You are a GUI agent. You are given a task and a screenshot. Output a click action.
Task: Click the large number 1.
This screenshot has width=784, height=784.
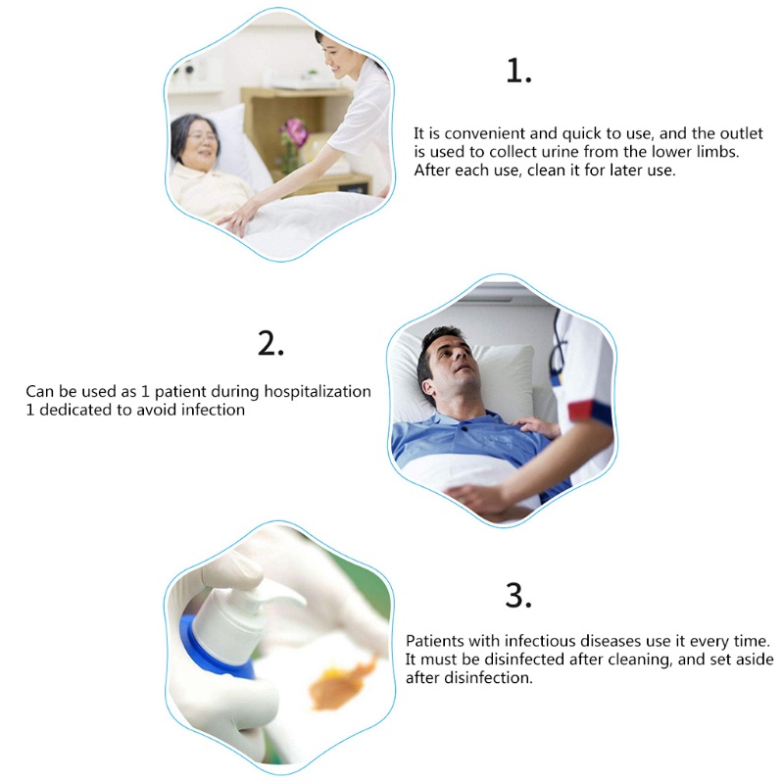(517, 70)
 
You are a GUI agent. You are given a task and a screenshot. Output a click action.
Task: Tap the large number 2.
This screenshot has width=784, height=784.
(270, 343)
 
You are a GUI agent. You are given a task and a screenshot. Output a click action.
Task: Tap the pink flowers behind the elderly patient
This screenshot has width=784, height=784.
(293, 131)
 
